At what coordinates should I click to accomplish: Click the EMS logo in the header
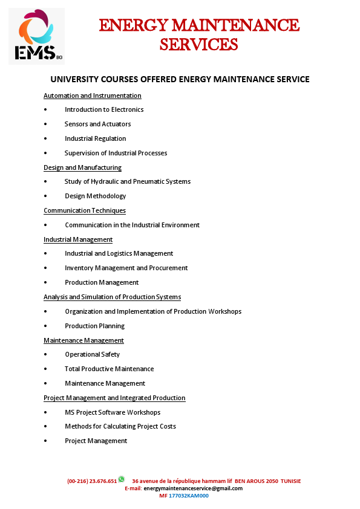(36, 36)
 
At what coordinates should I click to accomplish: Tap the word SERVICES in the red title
(198, 44)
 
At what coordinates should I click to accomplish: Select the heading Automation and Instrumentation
(92, 96)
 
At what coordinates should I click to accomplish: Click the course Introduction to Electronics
(104, 109)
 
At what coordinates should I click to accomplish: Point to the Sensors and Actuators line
(97, 124)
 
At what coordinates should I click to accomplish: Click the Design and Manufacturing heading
(82, 167)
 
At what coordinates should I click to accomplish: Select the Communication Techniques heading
(85, 210)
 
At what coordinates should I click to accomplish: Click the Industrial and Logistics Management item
(119, 253)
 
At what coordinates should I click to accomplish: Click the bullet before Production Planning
(46, 326)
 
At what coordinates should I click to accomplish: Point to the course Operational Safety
(92, 354)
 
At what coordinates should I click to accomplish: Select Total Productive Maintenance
(109, 369)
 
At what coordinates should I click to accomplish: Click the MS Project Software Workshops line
(113, 412)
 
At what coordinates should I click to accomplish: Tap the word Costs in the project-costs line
(167, 426)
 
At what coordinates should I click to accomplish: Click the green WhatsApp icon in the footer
(121, 479)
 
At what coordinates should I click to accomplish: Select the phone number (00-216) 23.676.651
(92, 481)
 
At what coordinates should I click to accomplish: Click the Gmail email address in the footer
(193, 488)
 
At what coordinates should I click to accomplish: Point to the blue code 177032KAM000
(188, 496)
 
